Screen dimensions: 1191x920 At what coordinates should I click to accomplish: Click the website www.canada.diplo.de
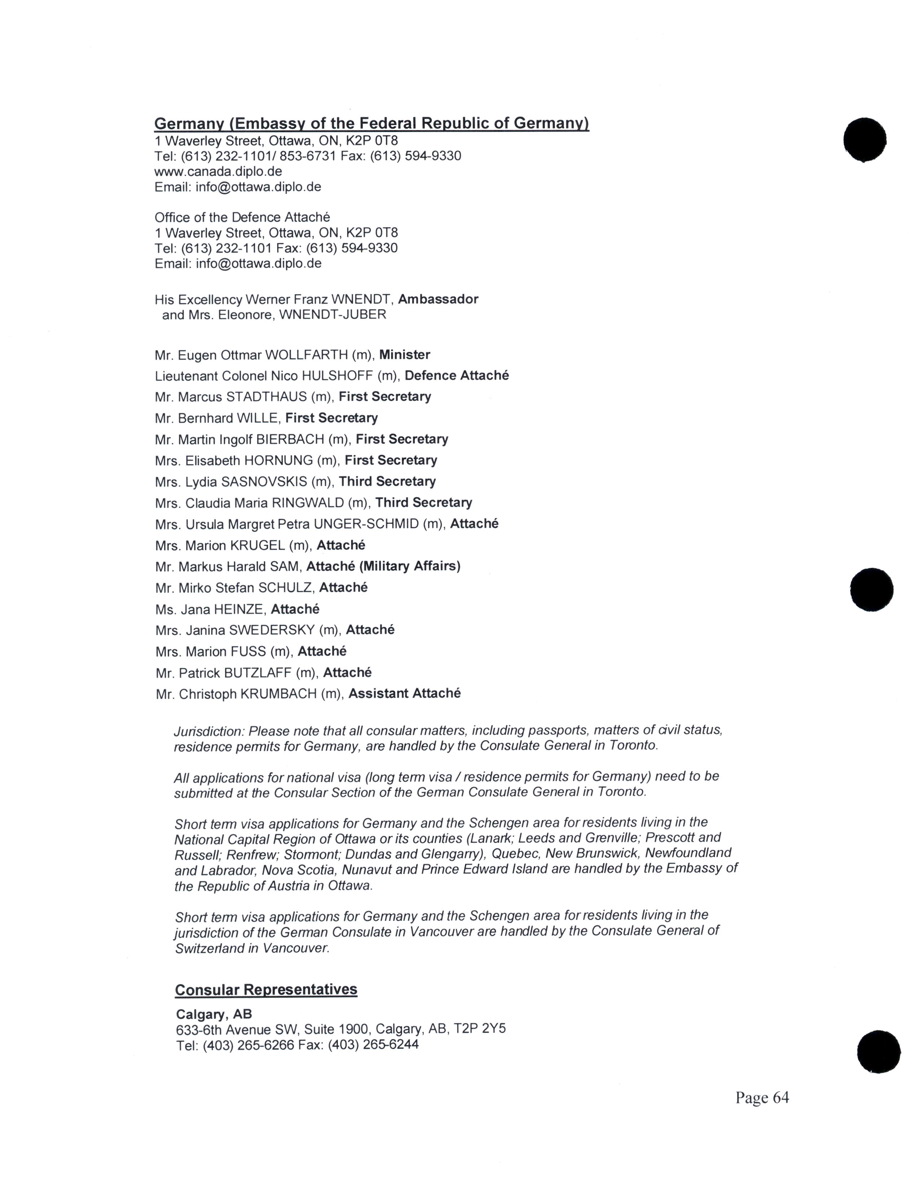pos(218,171)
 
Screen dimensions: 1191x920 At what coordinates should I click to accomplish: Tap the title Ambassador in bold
pos(438,300)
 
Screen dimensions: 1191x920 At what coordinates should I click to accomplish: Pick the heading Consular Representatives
pos(266,990)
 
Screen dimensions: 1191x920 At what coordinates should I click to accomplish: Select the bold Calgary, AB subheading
pos(214,1014)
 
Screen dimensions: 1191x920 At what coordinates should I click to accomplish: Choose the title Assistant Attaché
pos(404,694)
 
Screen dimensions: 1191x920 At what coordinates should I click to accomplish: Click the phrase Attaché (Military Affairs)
pos(383,567)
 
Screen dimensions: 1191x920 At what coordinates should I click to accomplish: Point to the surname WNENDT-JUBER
pos(333,315)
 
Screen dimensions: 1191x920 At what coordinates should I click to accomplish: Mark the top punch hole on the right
pos(864,140)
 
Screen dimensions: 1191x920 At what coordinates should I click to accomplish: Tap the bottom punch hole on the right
pos(879,1051)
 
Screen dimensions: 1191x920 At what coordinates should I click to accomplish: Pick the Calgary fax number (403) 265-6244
pos(373,1045)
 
